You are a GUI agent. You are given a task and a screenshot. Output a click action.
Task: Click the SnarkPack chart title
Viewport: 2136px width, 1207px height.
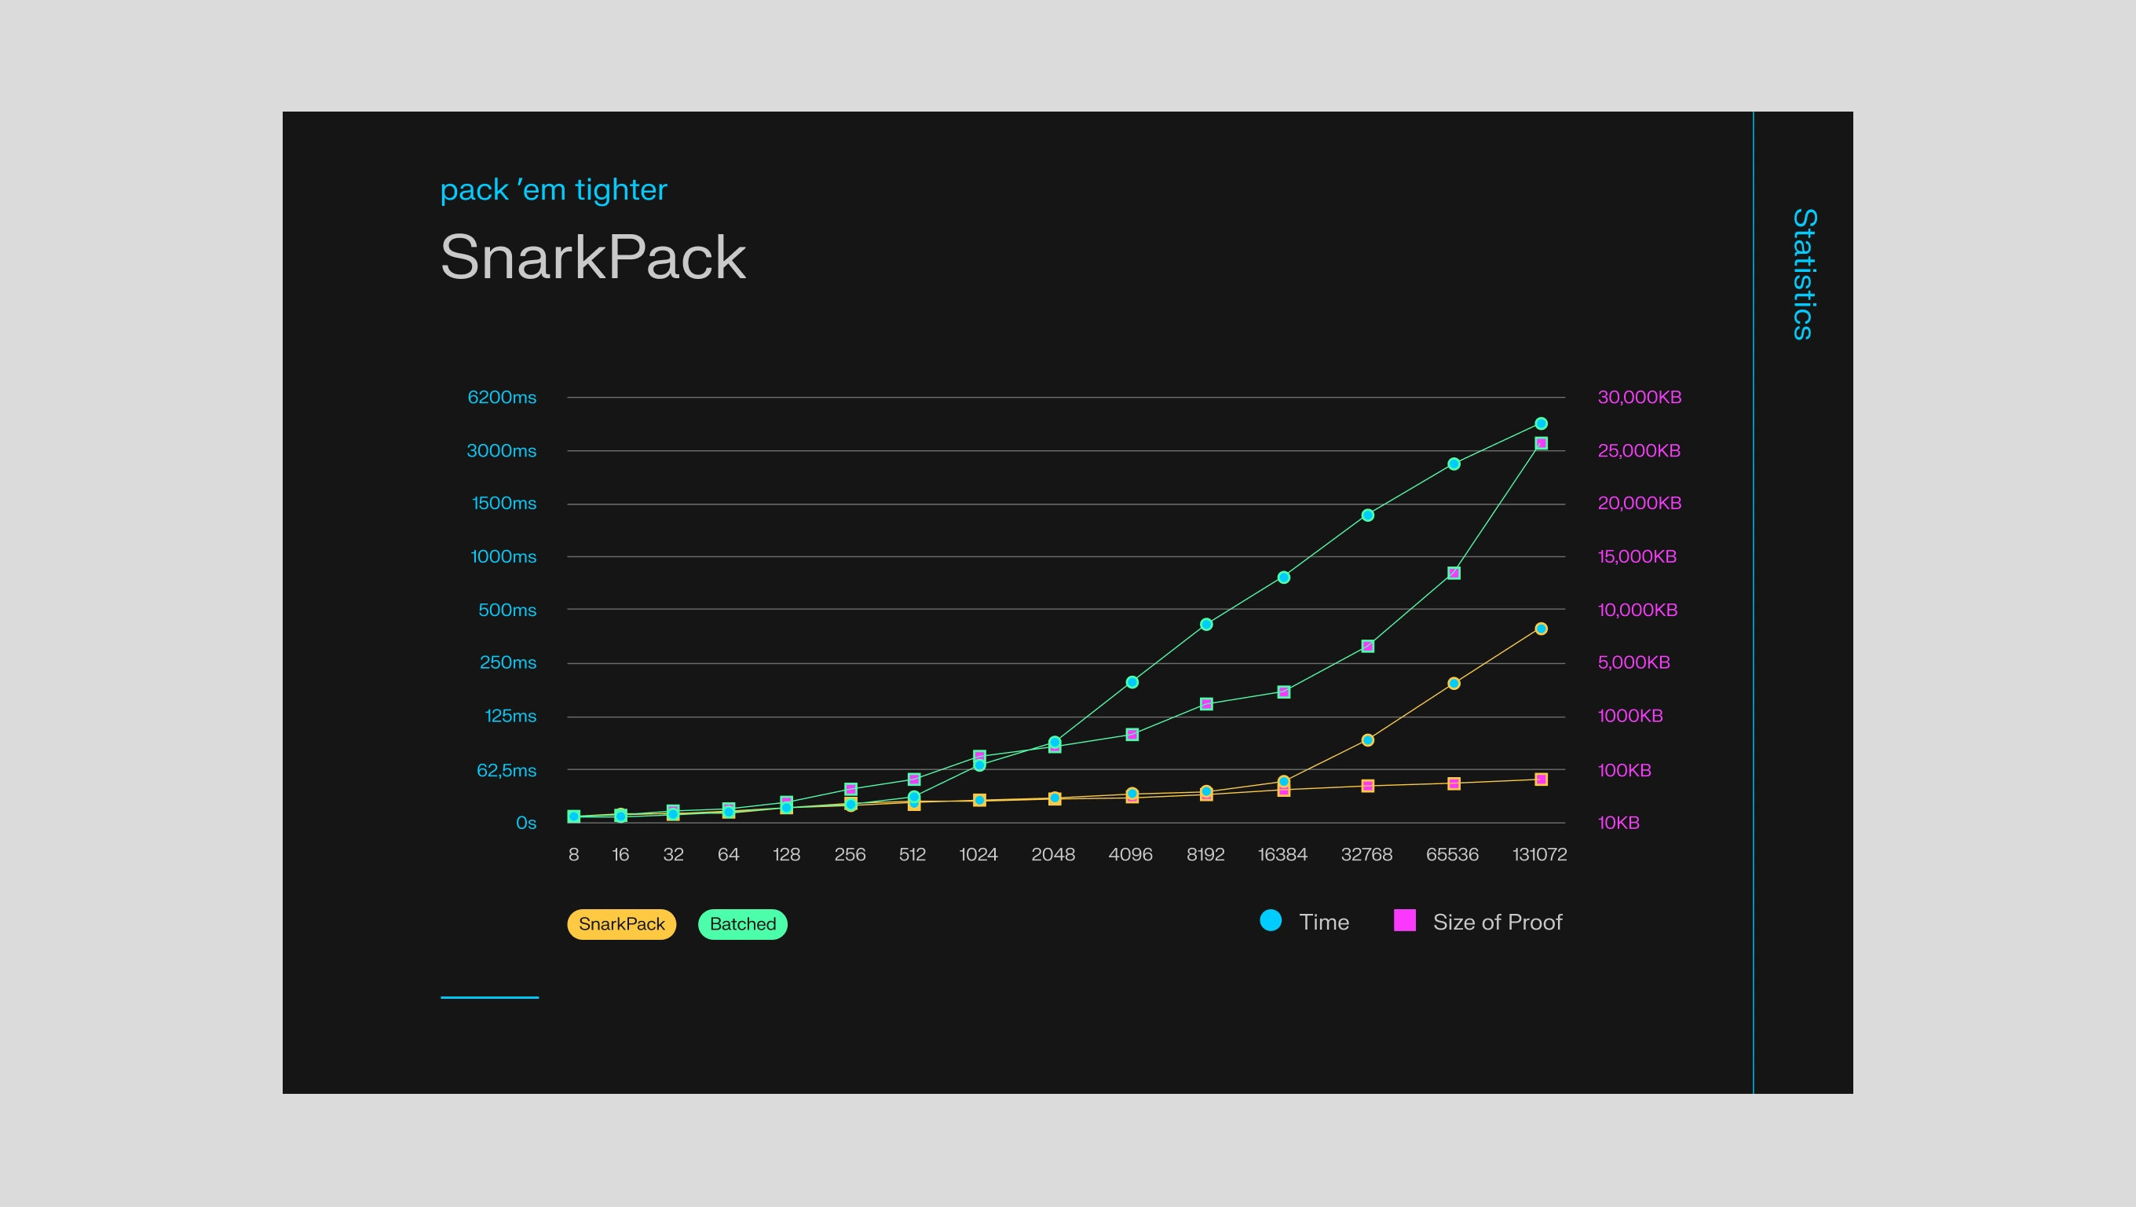(592, 257)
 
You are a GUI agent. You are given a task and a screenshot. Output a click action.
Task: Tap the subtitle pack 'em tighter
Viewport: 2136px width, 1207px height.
(553, 190)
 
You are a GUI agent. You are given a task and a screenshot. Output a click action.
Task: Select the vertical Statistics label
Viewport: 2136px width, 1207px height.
(1804, 273)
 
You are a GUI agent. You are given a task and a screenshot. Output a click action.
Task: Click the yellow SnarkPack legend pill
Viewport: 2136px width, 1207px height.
(621, 924)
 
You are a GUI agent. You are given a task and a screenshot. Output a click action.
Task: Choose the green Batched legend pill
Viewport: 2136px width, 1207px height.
(742, 924)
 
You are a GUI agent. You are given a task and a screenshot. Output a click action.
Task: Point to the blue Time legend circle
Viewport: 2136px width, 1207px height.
(1271, 921)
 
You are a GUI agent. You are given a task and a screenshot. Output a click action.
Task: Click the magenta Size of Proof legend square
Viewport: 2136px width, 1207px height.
(1405, 921)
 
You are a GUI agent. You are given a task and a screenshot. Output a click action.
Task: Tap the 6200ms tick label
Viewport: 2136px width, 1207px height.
(502, 398)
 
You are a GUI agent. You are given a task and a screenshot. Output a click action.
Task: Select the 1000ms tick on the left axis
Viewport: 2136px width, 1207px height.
(503, 556)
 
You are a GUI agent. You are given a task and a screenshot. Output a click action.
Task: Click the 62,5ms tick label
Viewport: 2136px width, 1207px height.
(506, 771)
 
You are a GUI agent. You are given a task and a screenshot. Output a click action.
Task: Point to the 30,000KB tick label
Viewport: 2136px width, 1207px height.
(1640, 398)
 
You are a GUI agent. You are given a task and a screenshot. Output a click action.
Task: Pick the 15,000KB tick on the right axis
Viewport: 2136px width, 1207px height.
(1637, 556)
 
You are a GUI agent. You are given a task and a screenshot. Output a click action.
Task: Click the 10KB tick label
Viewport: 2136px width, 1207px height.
(1618, 823)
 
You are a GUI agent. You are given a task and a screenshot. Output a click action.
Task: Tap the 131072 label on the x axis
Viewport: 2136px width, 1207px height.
(1540, 854)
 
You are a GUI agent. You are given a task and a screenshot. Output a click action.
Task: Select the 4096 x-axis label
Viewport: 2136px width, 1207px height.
(1130, 854)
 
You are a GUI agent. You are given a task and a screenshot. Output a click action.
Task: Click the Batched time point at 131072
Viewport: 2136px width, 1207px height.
(1542, 424)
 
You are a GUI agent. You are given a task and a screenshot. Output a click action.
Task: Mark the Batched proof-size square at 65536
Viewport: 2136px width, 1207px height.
(1454, 573)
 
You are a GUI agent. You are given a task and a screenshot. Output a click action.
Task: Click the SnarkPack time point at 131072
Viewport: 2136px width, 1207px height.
(1542, 629)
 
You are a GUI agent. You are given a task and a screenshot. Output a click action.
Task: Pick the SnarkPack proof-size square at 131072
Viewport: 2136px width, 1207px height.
(1542, 780)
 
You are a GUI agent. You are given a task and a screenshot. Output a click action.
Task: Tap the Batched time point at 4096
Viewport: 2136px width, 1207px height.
(1132, 683)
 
